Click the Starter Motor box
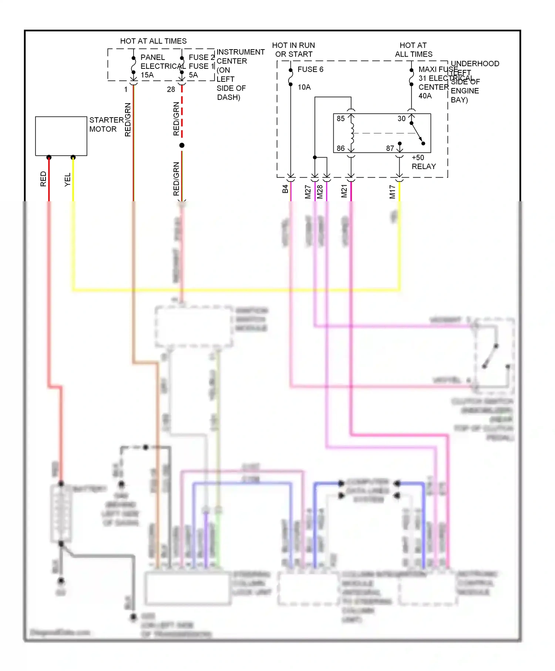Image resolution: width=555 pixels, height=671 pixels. point(61,136)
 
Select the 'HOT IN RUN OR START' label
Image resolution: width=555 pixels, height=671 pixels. point(293,50)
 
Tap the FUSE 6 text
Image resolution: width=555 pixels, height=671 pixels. point(310,70)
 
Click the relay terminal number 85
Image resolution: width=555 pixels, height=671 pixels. point(340,119)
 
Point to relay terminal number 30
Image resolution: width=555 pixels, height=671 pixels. point(401,119)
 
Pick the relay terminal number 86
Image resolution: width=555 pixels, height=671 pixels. point(340,148)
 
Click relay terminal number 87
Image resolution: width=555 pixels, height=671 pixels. point(390,148)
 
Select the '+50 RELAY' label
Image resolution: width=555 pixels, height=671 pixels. point(423,162)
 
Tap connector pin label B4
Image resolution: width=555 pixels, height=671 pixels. point(285,189)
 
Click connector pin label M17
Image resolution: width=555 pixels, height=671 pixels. point(392,192)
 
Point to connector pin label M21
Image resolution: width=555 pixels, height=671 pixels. point(344,191)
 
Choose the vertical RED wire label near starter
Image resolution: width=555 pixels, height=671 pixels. point(43,179)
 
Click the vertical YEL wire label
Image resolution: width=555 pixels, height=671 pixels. point(67,179)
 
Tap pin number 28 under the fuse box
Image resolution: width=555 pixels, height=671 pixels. point(171,90)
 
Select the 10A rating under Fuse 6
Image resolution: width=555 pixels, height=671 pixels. point(304,87)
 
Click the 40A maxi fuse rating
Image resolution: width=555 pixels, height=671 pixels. point(425,96)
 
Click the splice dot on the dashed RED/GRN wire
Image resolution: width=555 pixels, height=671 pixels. point(182,145)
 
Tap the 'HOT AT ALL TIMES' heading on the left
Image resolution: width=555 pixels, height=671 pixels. point(153,41)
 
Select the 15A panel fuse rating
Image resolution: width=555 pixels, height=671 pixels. point(147,75)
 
